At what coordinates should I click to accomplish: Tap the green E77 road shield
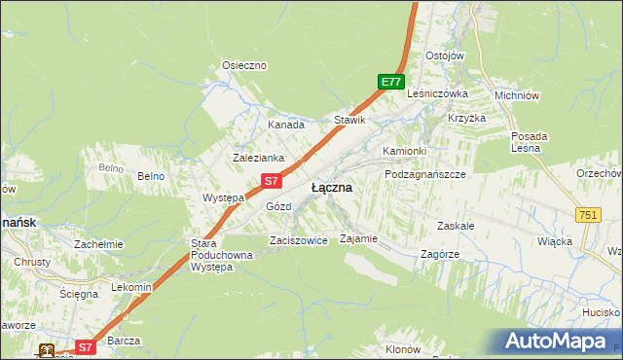[391, 83]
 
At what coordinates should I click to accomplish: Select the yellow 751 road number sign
[588, 215]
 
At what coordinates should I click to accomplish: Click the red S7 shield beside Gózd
[273, 181]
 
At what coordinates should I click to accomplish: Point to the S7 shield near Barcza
[85, 345]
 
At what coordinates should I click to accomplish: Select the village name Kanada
[286, 125]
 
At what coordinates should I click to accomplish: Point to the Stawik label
[349, 120]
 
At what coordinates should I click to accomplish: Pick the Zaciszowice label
[298, 240]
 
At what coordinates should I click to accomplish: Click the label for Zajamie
[357, 237]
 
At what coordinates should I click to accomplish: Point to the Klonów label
[402, 348]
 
